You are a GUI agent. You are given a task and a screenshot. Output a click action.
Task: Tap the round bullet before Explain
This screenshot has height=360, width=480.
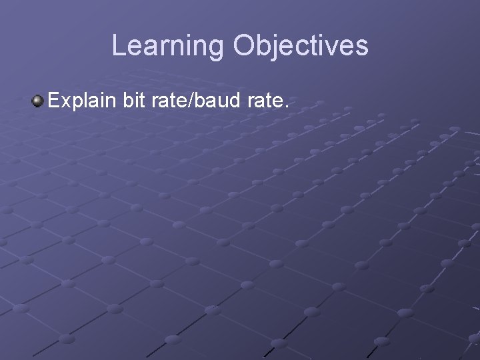pos(37,102)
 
